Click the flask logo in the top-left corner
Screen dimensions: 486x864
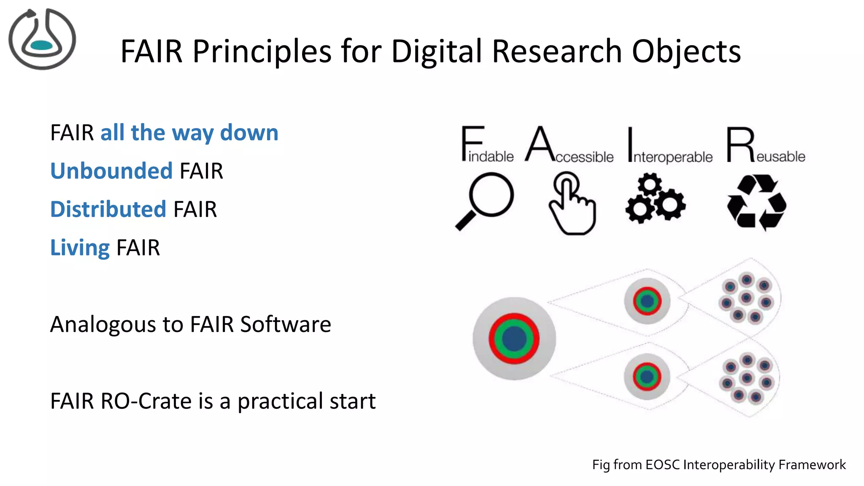pos(42,39)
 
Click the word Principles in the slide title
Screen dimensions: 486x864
pos(262,51)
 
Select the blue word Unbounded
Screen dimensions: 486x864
pos(111,171)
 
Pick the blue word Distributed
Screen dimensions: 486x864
pos(108,209)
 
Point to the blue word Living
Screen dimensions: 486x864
pos(80,248)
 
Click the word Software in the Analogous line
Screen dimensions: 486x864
pos(286,324)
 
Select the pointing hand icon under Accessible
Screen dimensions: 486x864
pos(572,203)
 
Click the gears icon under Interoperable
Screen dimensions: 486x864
pos(655,198)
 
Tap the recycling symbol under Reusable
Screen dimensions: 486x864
pos(756,202)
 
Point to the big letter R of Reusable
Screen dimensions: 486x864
pos(740,145)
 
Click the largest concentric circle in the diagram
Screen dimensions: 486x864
pos(514,338)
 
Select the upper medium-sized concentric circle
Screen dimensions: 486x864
pos(647,301)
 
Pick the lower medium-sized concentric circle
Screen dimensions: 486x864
pos(646,376)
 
